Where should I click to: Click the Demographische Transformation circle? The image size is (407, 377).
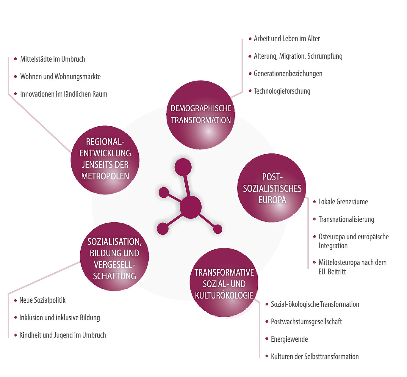pyautogui.click(x=201, y=115)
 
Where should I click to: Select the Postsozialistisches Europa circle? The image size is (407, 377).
pyautogui.click(x=272, y=188)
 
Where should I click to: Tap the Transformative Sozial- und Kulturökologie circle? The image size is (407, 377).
pyautogui.click(x=224, y=283)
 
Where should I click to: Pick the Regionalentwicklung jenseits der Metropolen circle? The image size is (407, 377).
pyautogui.click(x=105, y=160)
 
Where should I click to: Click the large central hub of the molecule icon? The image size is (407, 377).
pyautogui.click(x=191, y=207)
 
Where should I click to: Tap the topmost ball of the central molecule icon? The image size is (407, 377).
pyautogui.click(x=183, y=167)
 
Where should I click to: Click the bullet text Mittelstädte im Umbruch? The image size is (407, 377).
pyautogui.click(x=52, y=59)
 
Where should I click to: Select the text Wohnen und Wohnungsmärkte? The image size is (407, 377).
pyautogui.click(x=60, y=77)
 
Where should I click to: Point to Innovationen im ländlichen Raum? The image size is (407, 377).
pyautogui.click(x=64, y=94)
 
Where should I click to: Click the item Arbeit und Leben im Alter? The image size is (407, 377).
pyautogui.click(x=287, y=39)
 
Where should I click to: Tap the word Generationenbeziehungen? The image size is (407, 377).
pyautogui.click(x=288, y=74)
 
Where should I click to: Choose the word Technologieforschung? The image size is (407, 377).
pyautogui.click(x=282, y=91)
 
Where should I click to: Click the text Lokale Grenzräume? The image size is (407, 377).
pyautogui.click(x=343, y=202)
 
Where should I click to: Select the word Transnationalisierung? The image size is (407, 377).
pyautogui.click(x=346, y=219)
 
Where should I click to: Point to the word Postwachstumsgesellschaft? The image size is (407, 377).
pyautogui.click(x=306, y=322)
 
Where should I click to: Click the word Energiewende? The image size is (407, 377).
pyautogui.click(x=289, y=339)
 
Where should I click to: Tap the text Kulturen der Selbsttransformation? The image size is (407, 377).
pyautogui.click(x=315, y=357)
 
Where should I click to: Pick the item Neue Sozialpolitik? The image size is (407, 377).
pyautogui.click(x=42, y=300)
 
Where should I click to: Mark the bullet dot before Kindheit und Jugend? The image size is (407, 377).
pyautogui.click(x=15, y=335)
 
